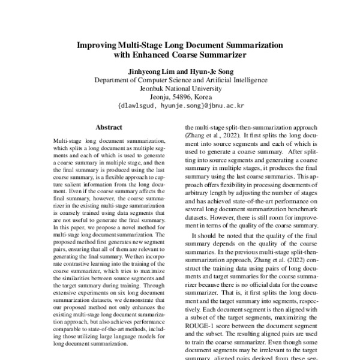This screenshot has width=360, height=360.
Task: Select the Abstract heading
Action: tap(109, 128)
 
